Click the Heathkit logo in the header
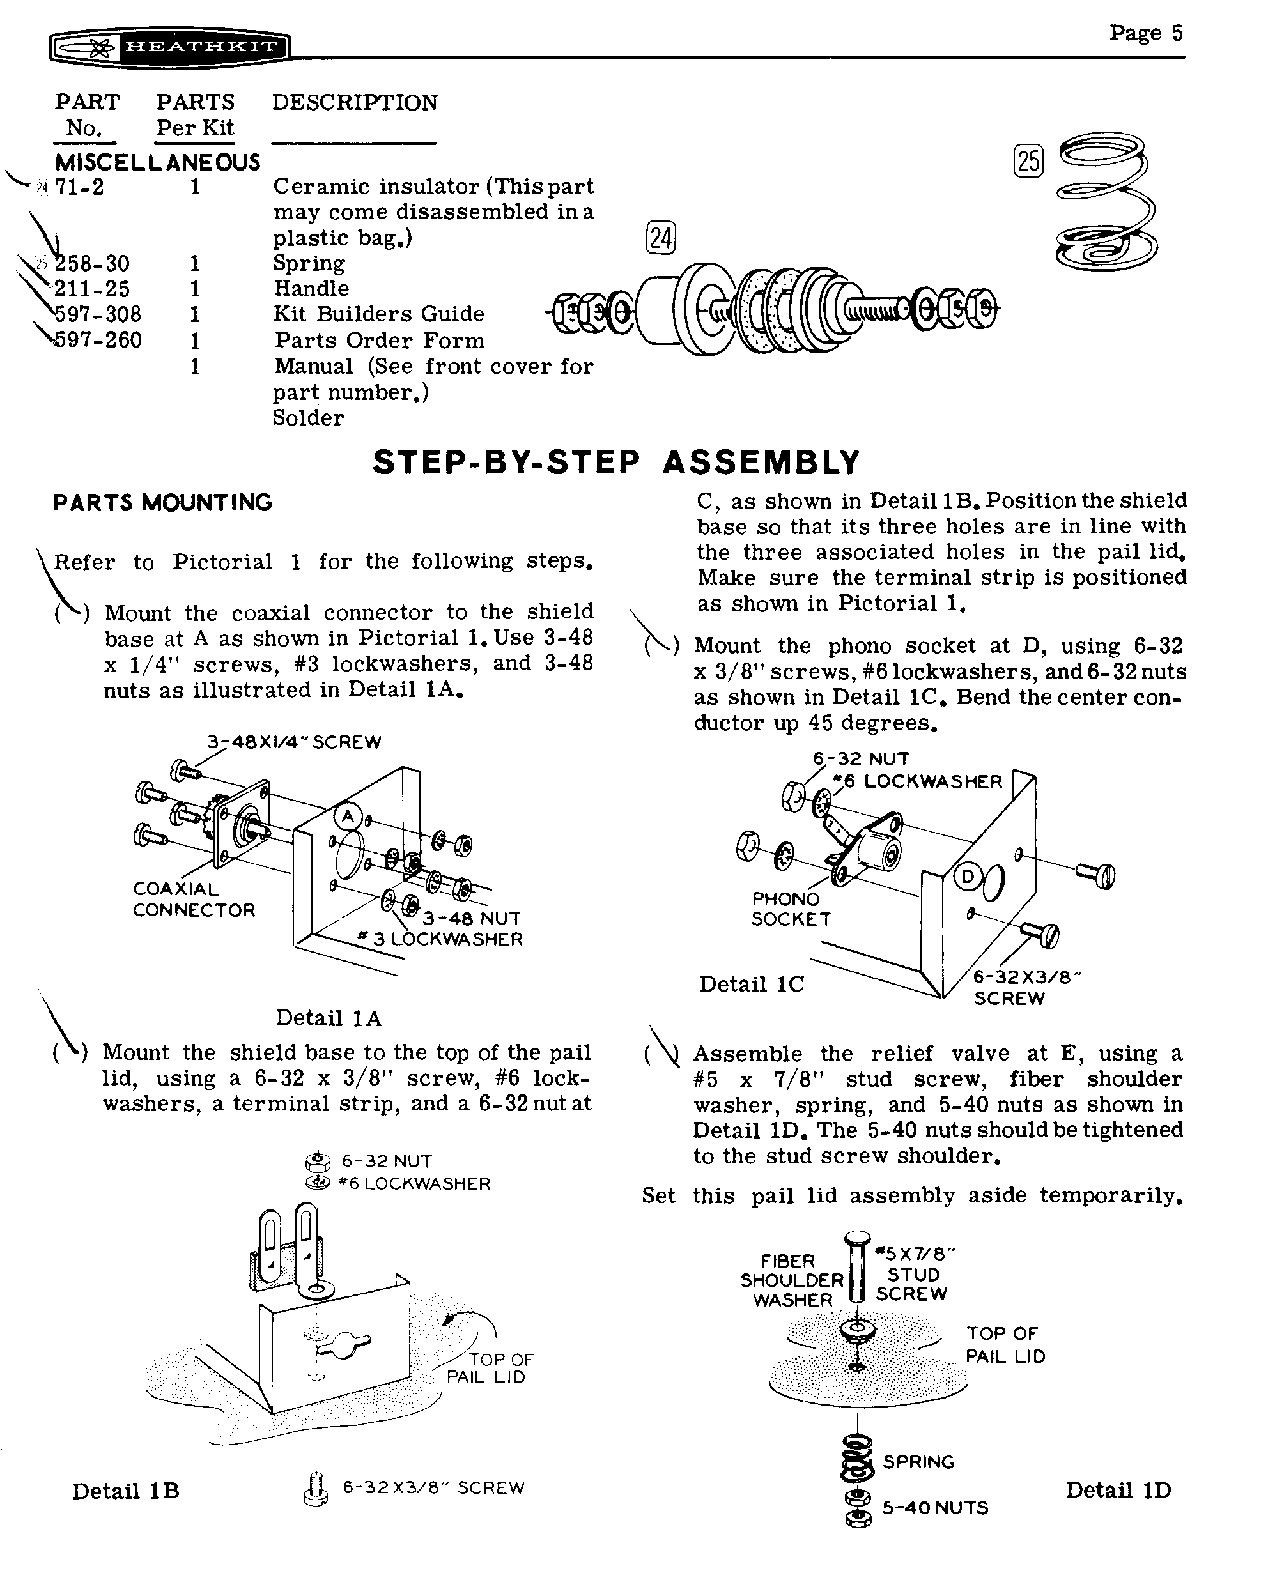click(169, 48)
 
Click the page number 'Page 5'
click(1145, 33)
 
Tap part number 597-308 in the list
click(98, 315)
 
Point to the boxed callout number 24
click(660, 238)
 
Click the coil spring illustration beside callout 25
click(1106, 201)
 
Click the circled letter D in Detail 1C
click(968, 877)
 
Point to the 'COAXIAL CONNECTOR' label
click(194, 900)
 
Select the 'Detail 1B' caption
click(126, 1491)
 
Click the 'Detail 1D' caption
click(1118, 1491)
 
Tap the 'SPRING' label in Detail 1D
click(918, 1462)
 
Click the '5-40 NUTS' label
click(935, 1508)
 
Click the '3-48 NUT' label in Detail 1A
click(471, 918)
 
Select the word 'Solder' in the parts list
click(307, 418)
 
